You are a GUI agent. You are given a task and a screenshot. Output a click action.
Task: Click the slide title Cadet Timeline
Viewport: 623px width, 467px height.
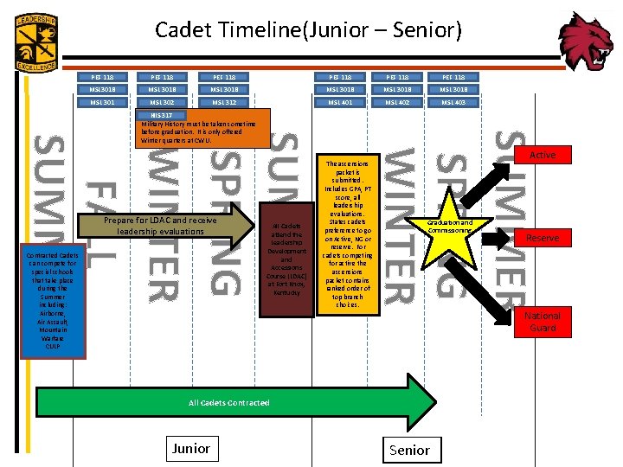(308, 31)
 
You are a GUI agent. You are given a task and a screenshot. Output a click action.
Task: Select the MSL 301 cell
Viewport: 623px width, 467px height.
(101, 102)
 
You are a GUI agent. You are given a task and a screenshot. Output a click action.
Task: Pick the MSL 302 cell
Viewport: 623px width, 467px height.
(162, 102)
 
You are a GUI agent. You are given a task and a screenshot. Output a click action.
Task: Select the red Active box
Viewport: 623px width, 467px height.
(543, 156)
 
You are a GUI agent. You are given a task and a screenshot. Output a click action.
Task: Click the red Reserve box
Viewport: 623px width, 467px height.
(543, 238)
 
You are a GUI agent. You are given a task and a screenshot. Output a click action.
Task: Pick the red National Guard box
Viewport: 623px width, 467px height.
(543, 322)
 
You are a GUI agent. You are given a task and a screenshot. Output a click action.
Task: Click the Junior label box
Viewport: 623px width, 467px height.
(190, 448)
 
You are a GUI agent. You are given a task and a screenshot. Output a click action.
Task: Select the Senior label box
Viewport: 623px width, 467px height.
(409, 450)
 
